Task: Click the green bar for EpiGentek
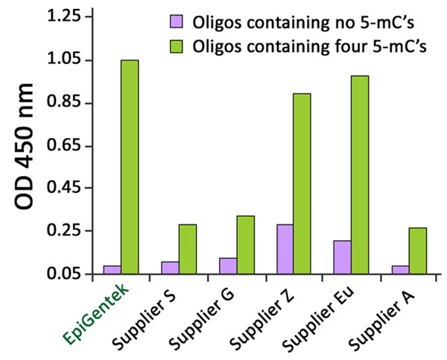[130, 167]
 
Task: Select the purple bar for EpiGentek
[112, 270]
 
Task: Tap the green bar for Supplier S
[188, 249]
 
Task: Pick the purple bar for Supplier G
[227, 265]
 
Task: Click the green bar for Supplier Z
[302, 183]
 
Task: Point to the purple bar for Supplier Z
[285, 249]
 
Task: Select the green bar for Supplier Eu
[360, 174]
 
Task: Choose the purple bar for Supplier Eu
[342, 257]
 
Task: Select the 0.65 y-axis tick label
[65, 145]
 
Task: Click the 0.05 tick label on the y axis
[65, 274]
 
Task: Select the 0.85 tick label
[65, 103]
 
